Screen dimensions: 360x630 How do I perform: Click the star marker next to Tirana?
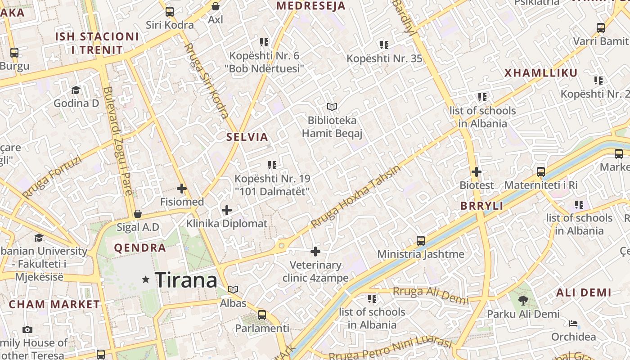(145, 280)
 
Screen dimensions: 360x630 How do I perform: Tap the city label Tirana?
(186, 280)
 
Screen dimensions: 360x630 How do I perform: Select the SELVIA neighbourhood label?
(247, 137)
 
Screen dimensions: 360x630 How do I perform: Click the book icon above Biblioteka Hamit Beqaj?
(332, 107)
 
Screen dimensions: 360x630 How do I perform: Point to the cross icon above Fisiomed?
(182, 189)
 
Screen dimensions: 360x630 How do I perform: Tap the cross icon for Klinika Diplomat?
(227, 210)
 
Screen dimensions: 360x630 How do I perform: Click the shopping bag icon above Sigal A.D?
(138, 213)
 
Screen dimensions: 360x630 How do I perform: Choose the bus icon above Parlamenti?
(262, 315)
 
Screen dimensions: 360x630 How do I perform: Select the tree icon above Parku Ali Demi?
(523, 300)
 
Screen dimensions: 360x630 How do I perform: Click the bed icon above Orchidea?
(573, 324)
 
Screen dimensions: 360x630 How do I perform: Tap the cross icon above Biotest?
(477, 172)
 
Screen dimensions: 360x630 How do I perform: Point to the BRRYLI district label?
(481, 206)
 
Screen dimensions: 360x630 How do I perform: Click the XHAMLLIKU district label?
(540, 73)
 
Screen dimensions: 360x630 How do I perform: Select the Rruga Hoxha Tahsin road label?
(355, 197)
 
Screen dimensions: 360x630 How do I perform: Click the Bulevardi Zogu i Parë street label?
(118, 141)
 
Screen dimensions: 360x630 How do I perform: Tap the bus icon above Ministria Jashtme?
(421, 241)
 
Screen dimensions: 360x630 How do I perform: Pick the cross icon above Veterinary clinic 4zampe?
(315, 252)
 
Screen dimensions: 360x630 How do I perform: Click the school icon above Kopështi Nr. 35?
(384, 45)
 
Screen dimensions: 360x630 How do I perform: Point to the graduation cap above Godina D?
(76, 90)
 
